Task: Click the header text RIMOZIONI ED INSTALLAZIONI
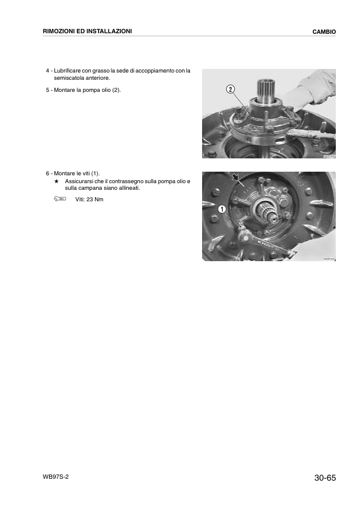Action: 87,31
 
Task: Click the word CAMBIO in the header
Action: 324,31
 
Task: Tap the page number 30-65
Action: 325,478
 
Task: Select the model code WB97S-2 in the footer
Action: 56,477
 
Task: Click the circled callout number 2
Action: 231,89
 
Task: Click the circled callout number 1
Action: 222,209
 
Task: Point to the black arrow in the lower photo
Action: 236,178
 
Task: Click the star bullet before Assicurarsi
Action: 56,181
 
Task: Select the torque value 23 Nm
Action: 97,199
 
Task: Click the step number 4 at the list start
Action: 48,71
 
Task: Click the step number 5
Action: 48,90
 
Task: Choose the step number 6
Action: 48,173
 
